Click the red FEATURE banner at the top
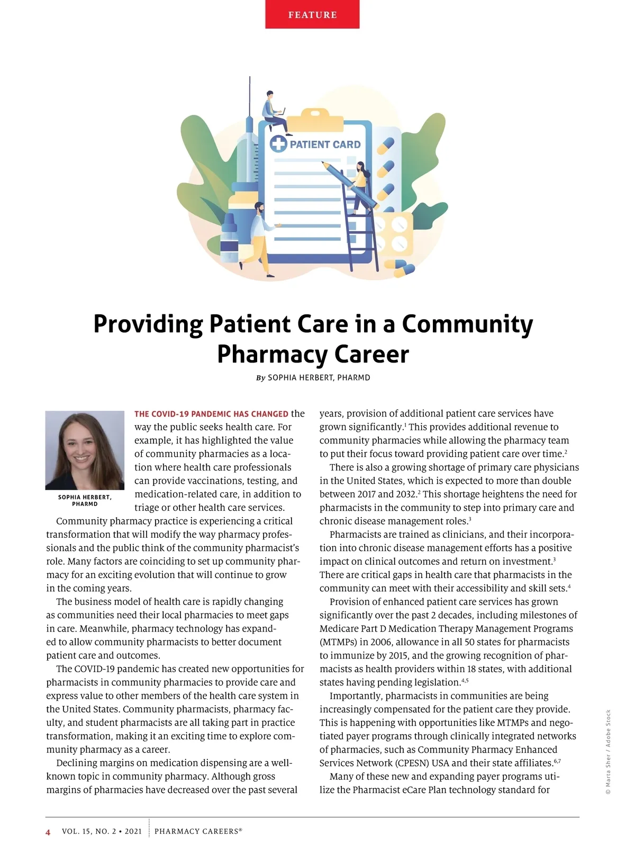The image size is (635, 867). pos(312,14)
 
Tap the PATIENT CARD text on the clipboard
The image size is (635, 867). pos(325,144)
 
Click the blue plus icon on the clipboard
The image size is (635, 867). pos(278,144)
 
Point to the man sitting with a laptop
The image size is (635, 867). pos(273,110)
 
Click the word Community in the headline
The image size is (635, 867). pos(467,324)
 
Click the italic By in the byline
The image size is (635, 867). pos(260,378)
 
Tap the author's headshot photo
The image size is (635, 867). pos(85,450)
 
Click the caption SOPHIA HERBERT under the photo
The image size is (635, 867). pos(85,498)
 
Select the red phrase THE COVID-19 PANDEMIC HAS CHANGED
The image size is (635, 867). pos(212,414)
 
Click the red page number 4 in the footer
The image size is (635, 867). pos(48,832)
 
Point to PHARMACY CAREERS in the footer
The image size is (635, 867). pos(197,832)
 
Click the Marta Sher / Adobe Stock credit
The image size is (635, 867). pos(608,752)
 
